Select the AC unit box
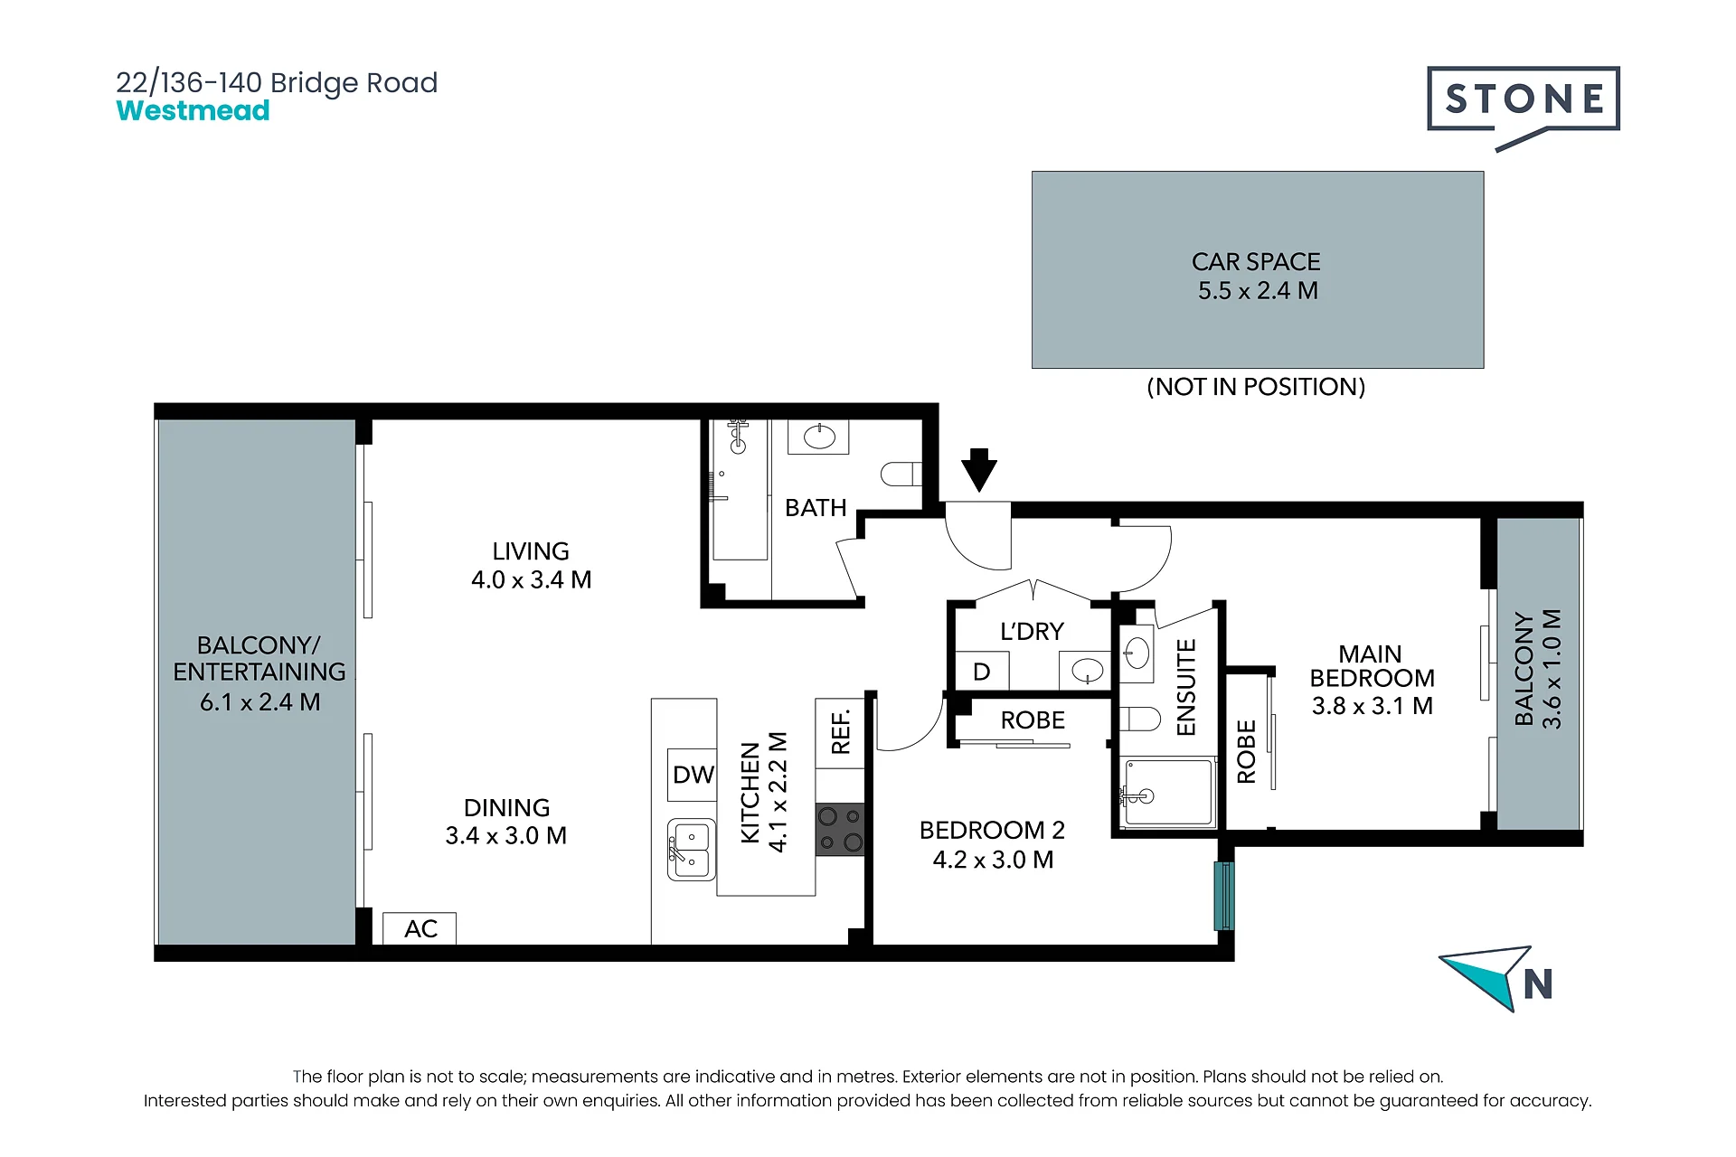(420, 928)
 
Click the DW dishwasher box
(693, 775)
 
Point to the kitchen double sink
(692, 850)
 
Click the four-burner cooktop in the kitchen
(840, 830)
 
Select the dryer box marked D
(982, 672)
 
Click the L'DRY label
(1032, 631)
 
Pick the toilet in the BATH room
(901, 474)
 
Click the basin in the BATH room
(819, 437)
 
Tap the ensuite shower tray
(1168, 793)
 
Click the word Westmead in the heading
(193, 111)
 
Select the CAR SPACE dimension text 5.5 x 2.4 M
(1258, 291)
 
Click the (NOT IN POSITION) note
(1256, 387)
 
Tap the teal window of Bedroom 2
(1223, 896)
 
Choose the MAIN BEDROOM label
(1372, 666)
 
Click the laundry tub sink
(1086, 671)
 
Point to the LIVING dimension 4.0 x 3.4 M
(531, 580)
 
